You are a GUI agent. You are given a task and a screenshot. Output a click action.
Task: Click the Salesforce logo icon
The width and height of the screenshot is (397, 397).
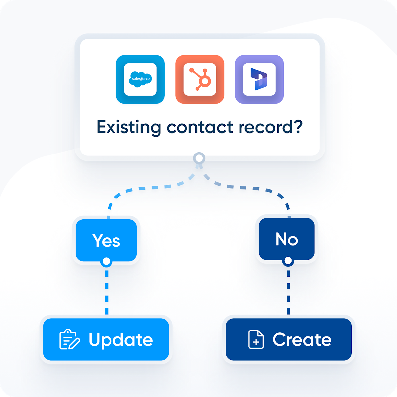(x=140, y=79)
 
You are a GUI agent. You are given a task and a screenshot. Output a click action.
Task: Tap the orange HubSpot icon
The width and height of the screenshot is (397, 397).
(x=199, y=79)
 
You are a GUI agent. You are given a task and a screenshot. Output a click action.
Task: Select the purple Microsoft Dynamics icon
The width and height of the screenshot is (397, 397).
(x=259, y=79)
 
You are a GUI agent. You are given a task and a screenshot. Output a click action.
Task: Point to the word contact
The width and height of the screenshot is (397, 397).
(x=200, y=127)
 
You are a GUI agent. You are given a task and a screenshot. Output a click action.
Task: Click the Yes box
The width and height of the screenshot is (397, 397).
(x=106, y=240)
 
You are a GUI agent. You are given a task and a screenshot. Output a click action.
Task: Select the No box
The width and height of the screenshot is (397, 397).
(x=287, y=239)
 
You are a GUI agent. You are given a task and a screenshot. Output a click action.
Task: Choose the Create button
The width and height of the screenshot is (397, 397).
(x=288, y=339)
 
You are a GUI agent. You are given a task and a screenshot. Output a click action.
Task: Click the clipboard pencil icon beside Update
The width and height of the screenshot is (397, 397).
(x=69, y=339)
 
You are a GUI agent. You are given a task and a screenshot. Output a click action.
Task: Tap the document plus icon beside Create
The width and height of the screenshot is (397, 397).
(x=256, y=339)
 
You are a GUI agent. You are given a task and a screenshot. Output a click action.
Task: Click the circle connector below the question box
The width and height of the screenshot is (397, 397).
(x=199, y=158)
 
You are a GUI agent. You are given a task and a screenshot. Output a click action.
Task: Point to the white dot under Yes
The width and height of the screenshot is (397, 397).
(x=106, y=262)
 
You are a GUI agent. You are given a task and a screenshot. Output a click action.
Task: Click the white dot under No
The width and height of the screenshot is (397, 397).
(x=288, y=261)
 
